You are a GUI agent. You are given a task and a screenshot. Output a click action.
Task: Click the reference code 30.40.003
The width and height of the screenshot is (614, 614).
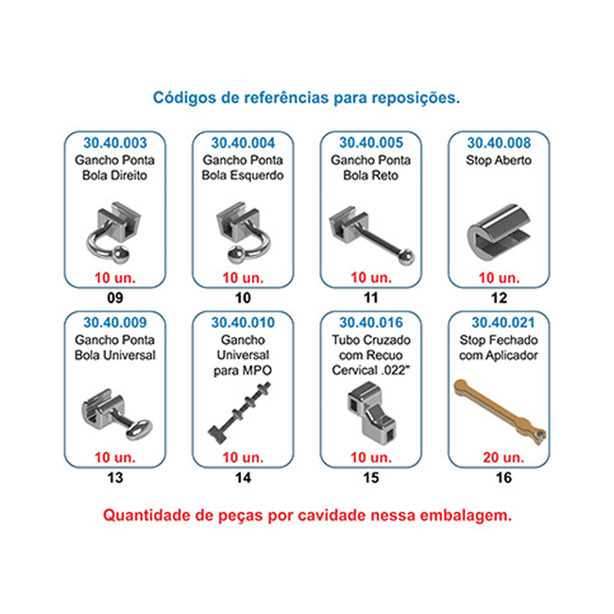click(115, 143)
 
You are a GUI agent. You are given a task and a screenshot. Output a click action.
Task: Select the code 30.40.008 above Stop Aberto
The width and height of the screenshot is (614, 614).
click(499, 143)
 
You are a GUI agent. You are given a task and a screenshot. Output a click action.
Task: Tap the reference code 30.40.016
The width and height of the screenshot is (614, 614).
click(371, 323)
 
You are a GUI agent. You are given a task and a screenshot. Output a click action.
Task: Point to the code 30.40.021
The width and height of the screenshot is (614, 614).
click(503, 323)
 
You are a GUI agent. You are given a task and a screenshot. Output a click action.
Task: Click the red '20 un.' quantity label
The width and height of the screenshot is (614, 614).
click(503, 457)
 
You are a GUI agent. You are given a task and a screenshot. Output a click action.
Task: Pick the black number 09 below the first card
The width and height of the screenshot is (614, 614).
click(115, 298)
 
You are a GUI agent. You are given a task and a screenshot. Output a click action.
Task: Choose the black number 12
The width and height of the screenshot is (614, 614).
click(499, 298)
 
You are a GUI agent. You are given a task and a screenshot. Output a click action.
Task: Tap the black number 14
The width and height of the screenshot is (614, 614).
click(243, 478)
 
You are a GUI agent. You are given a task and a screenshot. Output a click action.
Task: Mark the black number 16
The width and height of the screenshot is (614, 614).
click(503, 478)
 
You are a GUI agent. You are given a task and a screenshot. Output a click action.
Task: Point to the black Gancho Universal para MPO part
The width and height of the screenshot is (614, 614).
click(240, 413)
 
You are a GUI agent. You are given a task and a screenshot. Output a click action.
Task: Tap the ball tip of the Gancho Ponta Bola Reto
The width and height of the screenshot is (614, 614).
click(407, 257)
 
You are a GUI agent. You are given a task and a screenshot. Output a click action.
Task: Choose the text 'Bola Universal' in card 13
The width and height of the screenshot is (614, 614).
click(115, 355)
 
